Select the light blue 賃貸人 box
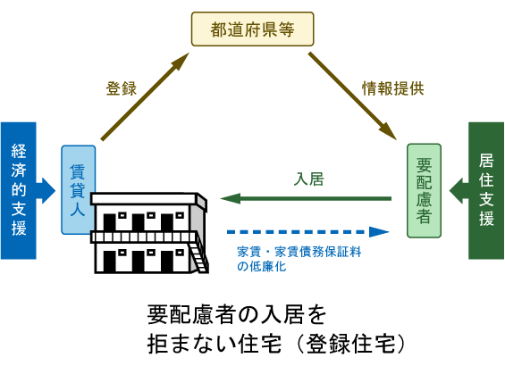pos(78,189)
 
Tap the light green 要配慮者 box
pos(425,190)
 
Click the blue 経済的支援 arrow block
pos(21,190)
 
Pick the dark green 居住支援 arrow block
pos(483,190)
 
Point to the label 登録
pos(121,88)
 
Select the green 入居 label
pos(308,178)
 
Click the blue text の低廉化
pos(261,266)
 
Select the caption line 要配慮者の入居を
pos(236,315)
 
